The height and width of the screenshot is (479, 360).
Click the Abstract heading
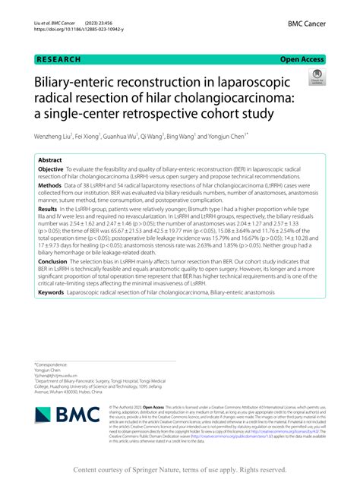tap(50, 162)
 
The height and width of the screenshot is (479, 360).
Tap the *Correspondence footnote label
tap(52, 364)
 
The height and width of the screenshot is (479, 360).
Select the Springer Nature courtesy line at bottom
tap(180, 469)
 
